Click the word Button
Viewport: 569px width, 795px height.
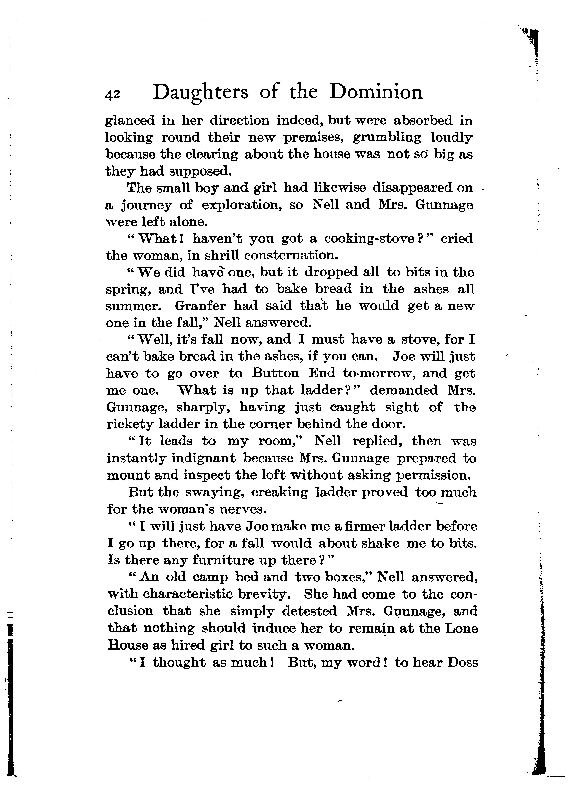point(276,373)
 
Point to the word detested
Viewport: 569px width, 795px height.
point(309,611)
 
